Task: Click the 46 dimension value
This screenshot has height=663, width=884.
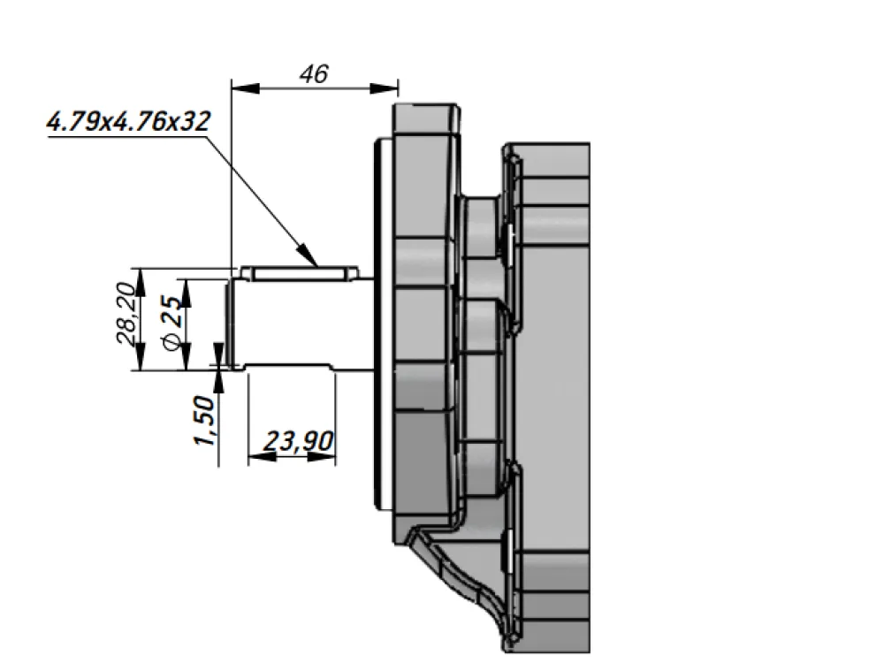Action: click(x=314, y=74)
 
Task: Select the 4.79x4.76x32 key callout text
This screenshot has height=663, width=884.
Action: click(x=128, y=121)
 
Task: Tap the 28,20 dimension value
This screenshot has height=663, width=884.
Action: click(x=126, y=314)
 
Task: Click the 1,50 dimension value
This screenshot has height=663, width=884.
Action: click(x=205, y=420)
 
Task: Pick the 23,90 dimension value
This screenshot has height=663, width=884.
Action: click(x=299, y=441)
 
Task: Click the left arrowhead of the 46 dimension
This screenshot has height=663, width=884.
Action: click(x=246, y=88)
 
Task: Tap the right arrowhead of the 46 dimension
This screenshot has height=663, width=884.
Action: click(x=384, y=88)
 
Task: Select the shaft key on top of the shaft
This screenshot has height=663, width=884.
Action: click(x=300, y=273)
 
